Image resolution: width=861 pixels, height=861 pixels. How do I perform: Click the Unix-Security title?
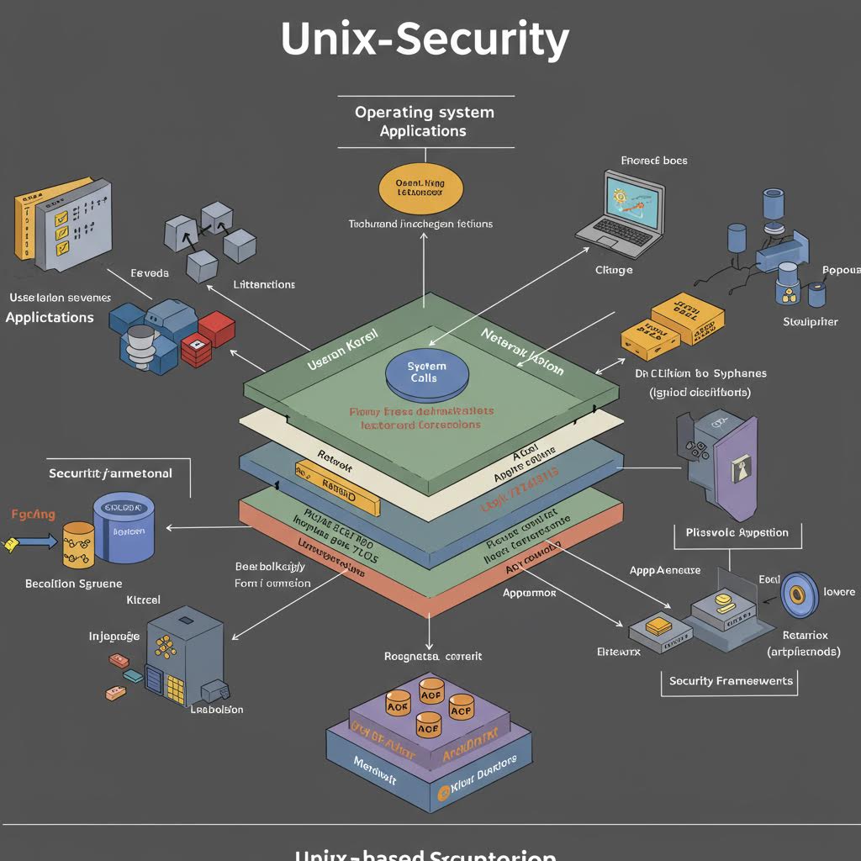tap(425, 40)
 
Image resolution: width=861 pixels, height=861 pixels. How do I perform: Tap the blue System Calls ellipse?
tap(427, 372)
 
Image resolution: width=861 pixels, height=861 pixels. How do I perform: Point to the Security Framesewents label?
tap(730, 680)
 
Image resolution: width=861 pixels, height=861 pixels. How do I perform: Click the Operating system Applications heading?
tap(424, 121)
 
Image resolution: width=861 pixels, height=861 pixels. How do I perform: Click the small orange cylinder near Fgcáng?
tap(79, 546)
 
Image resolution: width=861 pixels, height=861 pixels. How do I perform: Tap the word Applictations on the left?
tap(50, 317)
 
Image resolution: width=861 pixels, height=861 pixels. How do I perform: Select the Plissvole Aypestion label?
tap(737, 531)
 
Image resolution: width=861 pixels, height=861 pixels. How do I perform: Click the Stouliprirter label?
tap(810, 321)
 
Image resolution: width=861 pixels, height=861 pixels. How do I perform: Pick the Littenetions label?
tap(263, 284)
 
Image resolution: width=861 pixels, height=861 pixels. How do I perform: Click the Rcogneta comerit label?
tap(432, 656)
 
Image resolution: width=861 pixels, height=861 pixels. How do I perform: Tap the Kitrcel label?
tap(142, 600)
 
